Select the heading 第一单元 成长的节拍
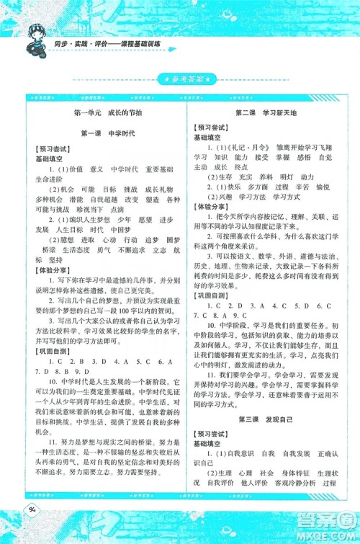pyautogui.click(x=105, y=113)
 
